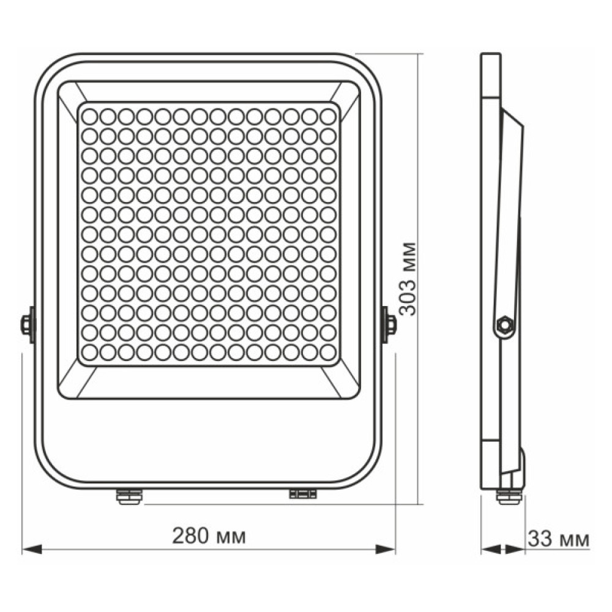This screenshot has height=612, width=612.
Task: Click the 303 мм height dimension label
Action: (407, 278)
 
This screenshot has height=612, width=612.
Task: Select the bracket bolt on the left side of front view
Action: (27, 324)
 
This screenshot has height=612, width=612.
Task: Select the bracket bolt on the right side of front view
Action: (389, 324)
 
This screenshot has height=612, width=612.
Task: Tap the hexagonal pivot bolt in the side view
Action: (505, 324)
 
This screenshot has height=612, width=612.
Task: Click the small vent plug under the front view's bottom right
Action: (303, 493)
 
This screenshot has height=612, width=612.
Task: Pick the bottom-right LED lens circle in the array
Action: (328, 352)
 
